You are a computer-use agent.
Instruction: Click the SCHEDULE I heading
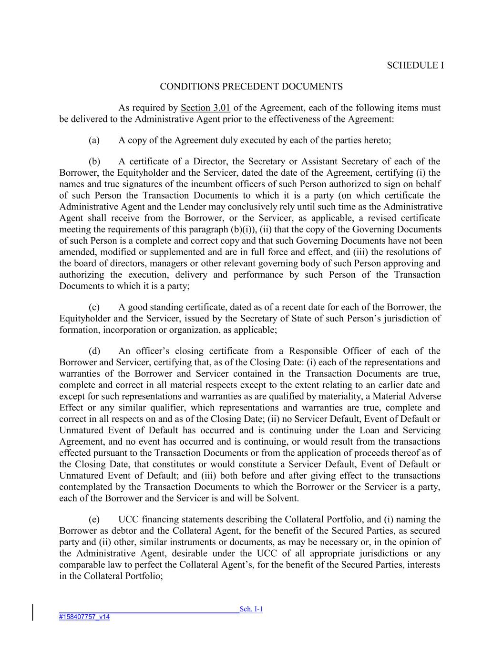point(415,65)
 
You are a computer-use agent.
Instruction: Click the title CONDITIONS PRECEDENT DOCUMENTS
point(251,87)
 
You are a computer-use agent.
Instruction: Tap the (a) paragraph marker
point(94,140)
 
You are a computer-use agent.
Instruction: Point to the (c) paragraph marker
point(94,308)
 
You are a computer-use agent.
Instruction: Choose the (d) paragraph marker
point(94,351)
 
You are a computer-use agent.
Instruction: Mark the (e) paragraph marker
point(94,520)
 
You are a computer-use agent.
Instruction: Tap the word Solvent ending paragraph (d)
point(283,499)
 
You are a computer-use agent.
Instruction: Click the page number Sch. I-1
point(251,609)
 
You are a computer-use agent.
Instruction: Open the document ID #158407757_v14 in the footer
point(84,617)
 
